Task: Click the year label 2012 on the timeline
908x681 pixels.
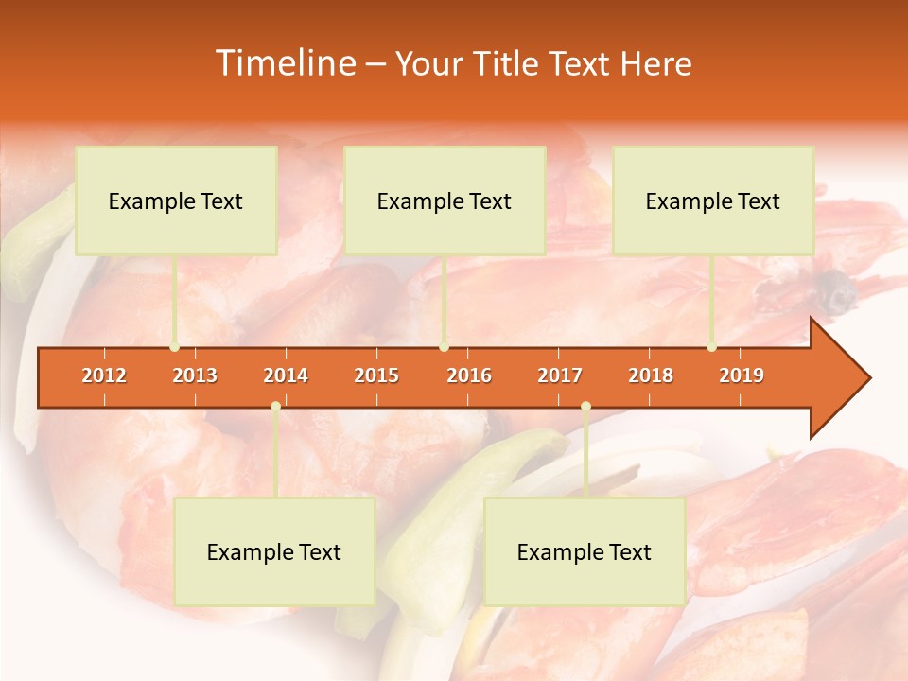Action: tap(104, 375)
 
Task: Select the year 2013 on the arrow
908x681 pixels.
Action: tap(195, 375)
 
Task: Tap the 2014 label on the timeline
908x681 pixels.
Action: tap(286, 375)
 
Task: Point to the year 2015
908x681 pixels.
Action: tap(376, 375)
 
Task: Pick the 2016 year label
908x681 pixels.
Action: tap(469, 375)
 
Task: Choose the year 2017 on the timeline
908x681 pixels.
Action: tap(560, 375)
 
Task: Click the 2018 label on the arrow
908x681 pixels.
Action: tap(651, 375)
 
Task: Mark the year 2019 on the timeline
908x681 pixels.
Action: tap(742, 375)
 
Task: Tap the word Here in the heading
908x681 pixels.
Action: tap(655, 64)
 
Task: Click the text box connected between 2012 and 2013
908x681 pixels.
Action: tap(176, 201)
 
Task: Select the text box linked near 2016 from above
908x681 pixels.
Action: tap(445, 201)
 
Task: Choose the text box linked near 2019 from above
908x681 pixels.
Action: tap(713, 201)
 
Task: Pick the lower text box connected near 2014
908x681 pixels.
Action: tap(274, 551)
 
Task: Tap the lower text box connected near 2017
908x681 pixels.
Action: tap(585, 551)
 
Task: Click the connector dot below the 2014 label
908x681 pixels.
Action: tap(275, 407)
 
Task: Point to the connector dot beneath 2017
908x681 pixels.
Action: tap(585, 407)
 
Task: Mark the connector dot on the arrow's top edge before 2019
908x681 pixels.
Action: tap(711, 347)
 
